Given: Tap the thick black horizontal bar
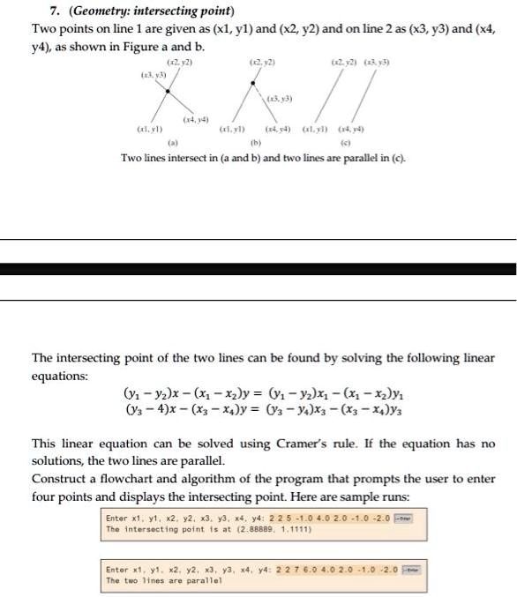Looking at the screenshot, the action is tap(258, 269).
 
